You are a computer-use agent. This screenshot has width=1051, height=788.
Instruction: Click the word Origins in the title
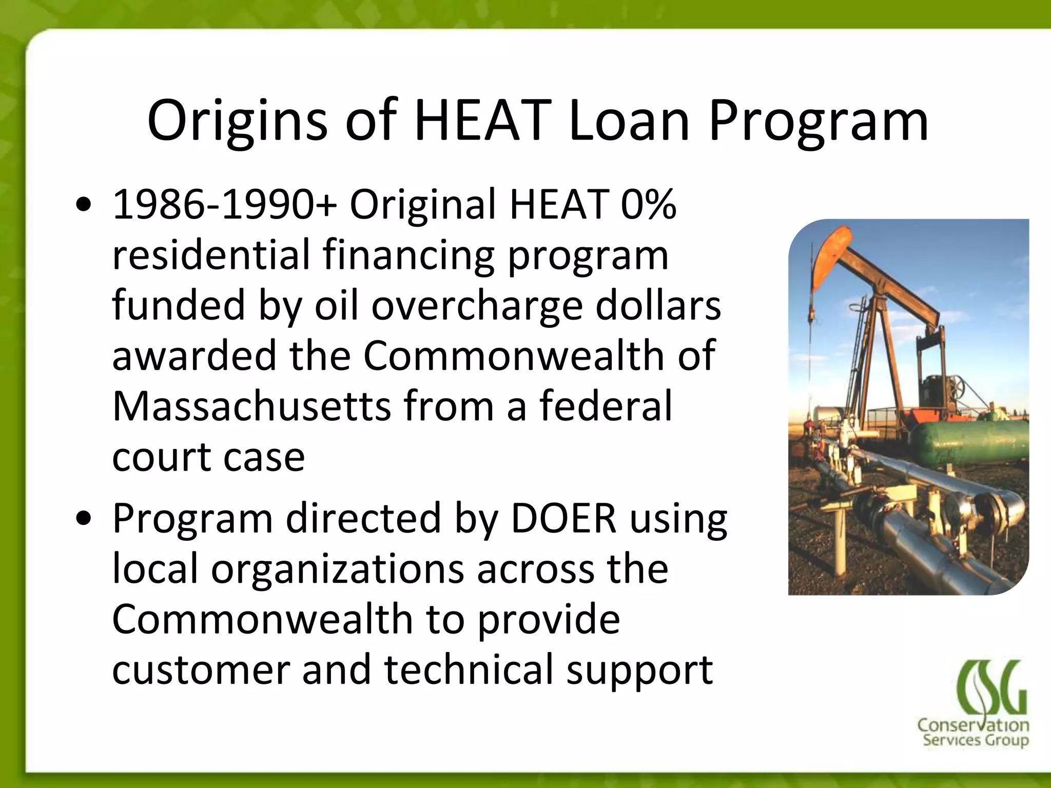[237, 122]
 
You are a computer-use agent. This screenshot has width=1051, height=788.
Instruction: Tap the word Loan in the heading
[629, 122]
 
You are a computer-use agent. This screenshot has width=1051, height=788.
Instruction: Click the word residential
[211, 255]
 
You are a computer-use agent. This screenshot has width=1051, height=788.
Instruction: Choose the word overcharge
[477, 305]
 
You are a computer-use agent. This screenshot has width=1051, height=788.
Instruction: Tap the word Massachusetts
[251, 406]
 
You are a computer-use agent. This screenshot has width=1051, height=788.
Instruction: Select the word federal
[605, 406]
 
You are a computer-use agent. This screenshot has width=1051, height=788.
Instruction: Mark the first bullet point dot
[83, 207]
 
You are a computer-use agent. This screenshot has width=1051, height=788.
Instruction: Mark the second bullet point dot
[83, 520]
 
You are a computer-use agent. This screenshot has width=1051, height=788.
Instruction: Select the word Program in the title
[819, 122]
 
